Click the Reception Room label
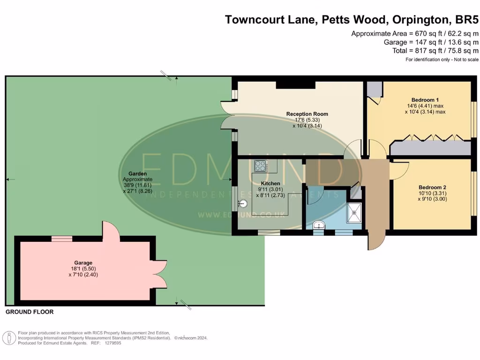click(x=307, y=114)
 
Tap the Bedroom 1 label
click(x=425, y=100)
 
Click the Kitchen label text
click(x=270, y=183)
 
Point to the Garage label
click(x=83, y=262)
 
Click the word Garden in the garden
click(x=137, y=173)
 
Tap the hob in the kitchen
click(x=261, y=166)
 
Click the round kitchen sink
click(x=243, y=203)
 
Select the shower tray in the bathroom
click(x=354, y=212)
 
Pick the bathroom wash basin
click(x=319, y=225)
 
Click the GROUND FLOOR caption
click(x=30, y=312)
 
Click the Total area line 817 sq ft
click(x=435, y=51)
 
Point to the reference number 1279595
click(x=113, y=343)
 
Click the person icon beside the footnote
click(x=9, y=338)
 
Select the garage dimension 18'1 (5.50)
click(x=83, y=269)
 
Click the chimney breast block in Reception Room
click(x=295, y=85)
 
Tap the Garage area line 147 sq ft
click(x=431, y=42)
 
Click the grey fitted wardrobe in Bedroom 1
click(x=431, y=148)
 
